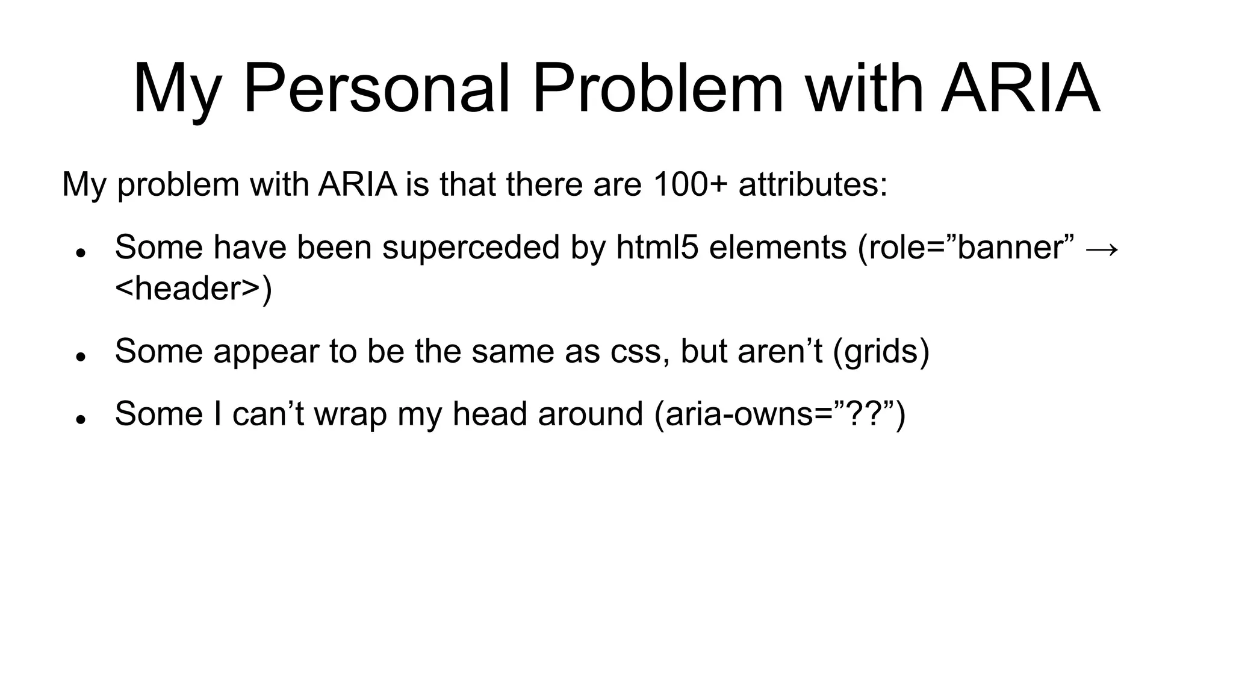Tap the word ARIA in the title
point(1020,89)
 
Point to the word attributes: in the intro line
point(813,184)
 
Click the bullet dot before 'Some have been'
point(79,253)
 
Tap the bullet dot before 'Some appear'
point(79,357)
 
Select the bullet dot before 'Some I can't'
point(79,419)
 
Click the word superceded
point(471,248)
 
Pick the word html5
point(657,248)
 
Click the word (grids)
point(881,351)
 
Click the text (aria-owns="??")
point(780,414)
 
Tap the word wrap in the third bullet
point(350,414)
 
